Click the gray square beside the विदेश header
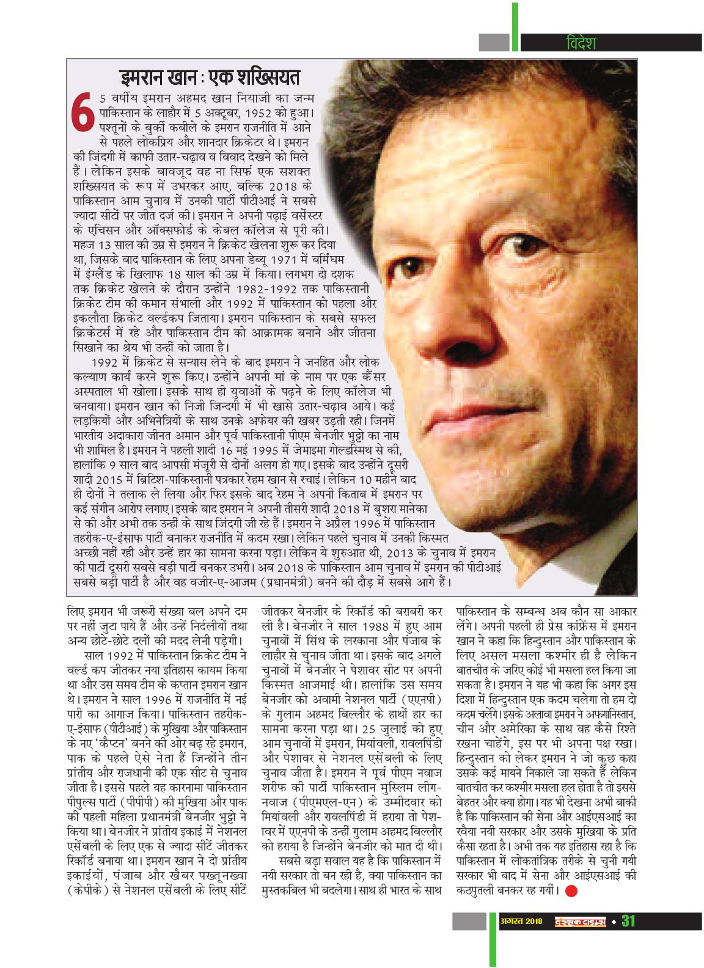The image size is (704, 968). click(494, 42)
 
